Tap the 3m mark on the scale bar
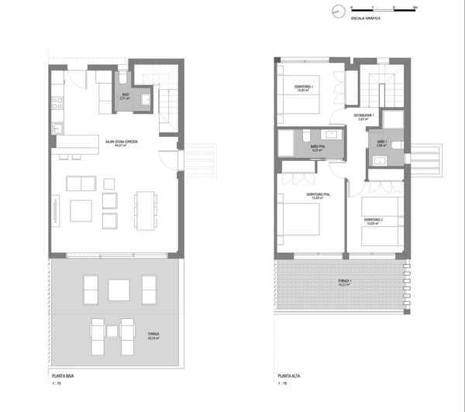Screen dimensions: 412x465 (415, 7)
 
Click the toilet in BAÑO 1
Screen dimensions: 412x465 (396, 145)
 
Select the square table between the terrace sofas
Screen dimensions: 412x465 (118, 290)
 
